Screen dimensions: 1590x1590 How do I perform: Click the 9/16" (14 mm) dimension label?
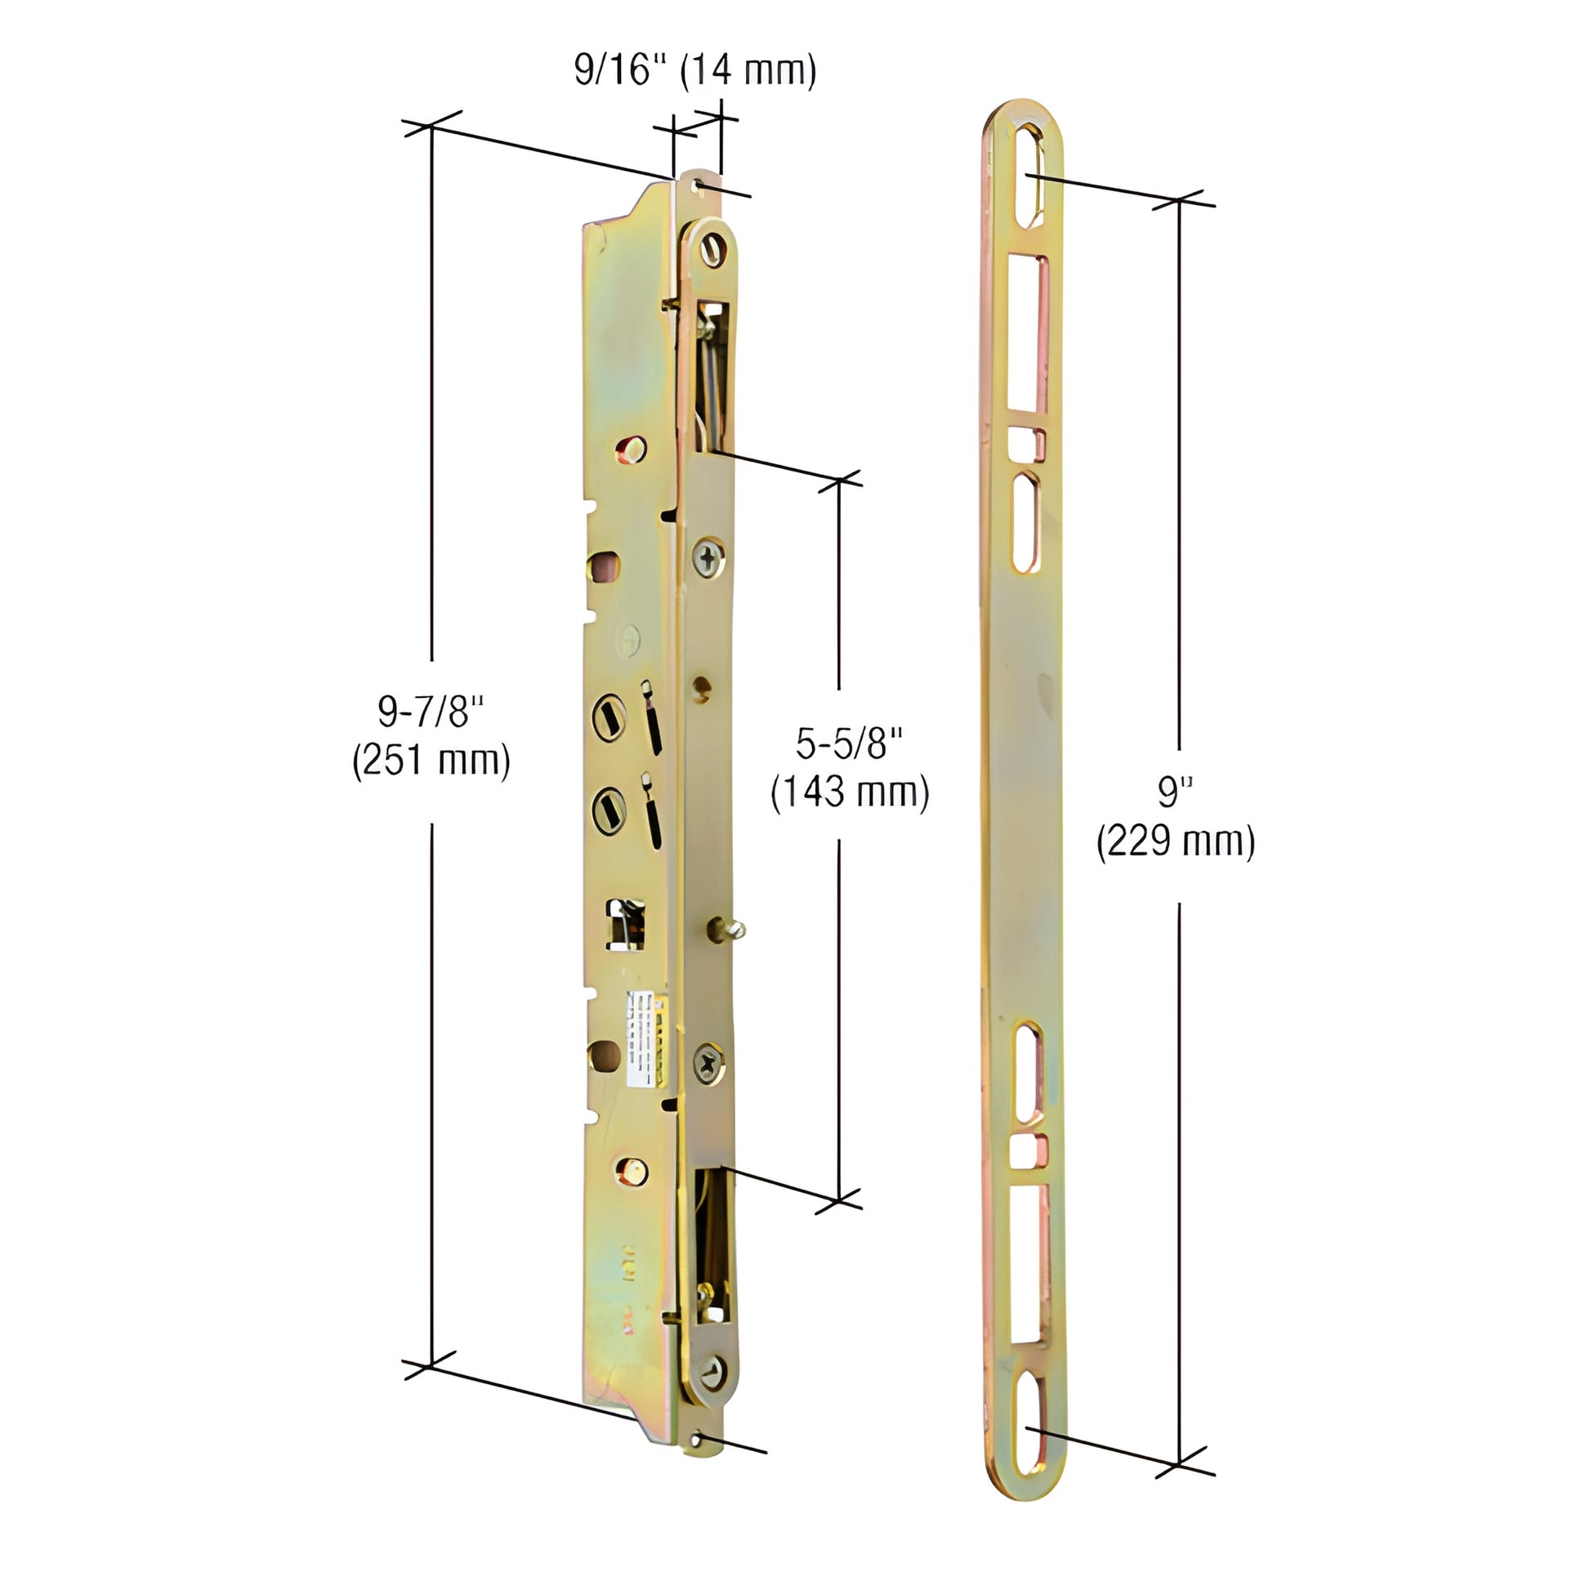(x=695, y=71)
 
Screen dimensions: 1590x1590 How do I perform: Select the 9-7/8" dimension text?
(x=431, y=711)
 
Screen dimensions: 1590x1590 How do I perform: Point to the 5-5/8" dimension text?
(x=849, y=744)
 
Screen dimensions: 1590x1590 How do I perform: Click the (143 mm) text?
(x=849, y=792)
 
